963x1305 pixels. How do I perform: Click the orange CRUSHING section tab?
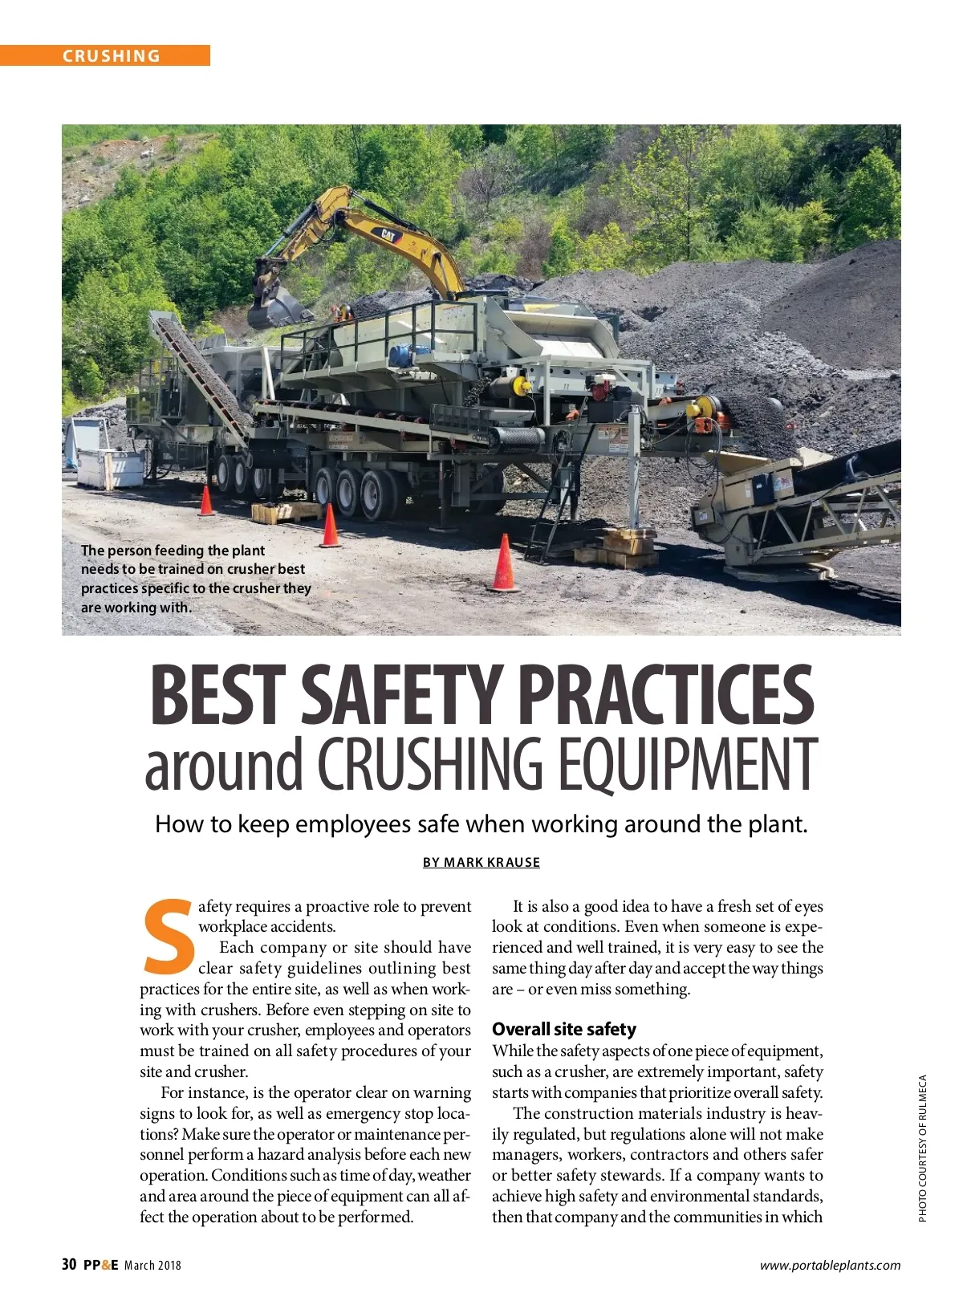click(112, 55)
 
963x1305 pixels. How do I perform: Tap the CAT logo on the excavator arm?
click(388, 235)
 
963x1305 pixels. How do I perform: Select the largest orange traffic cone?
click(504, 563)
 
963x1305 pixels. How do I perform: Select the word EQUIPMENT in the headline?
click(688, 763)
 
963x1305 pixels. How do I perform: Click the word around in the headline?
click(224, 765)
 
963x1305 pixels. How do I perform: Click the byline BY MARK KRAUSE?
click(481, 862)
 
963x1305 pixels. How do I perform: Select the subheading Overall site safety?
click(563, 1029)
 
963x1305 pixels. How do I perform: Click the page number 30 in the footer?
click(69, 1265)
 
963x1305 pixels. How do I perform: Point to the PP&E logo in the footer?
click(100, 1265)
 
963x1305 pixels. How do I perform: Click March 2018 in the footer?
click(152, 1266)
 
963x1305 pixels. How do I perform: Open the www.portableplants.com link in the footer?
click(830, 1266)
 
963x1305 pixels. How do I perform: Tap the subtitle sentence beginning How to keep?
click(481, 824)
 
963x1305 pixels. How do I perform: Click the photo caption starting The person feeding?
click(195, 578)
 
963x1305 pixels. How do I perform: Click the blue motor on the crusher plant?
click(399, 356)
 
